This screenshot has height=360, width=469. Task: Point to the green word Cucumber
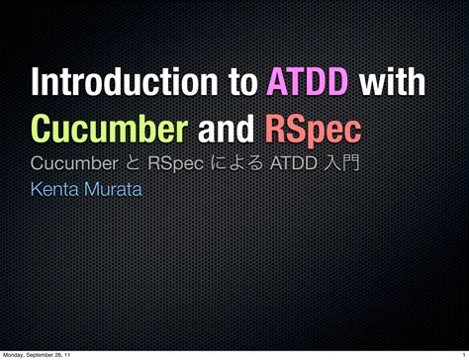(x=106, y=129)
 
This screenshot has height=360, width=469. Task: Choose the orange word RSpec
(x=310, y=129)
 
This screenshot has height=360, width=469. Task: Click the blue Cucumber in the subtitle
(x=75, y=160)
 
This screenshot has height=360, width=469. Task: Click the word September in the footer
(x=45, y=354)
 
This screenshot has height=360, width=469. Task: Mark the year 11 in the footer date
(x=77, y=354)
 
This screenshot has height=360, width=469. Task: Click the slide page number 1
(x=462, y=354)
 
